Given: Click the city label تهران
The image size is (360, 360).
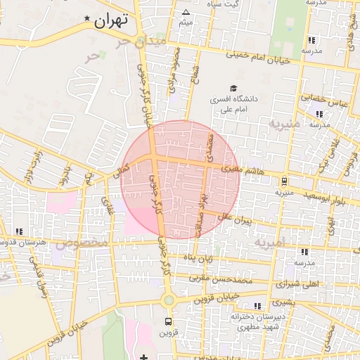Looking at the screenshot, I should point(111,21).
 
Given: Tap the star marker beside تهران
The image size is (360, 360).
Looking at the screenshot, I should point(86,18).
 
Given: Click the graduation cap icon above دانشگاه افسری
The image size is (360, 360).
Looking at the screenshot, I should point(212,88).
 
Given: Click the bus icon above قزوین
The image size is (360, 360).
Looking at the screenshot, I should point(167,321).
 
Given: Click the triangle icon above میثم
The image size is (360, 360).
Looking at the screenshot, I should point(186,13).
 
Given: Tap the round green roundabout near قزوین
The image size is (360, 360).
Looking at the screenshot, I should point(168,301).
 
